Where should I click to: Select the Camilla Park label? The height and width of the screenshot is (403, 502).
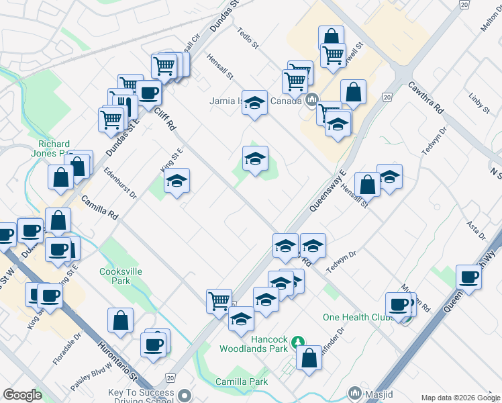pyautogui.click(x=242, y=382)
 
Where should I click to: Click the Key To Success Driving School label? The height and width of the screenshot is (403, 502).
pyautogui.click(x=141, y=396)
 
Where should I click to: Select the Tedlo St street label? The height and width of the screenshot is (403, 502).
pyautogui.click(x=248, y=38)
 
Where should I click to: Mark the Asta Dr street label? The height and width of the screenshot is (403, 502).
pyautogui.click(x=476, y=229)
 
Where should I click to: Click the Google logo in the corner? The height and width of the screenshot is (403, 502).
pyautogui.click(x=22, y=395)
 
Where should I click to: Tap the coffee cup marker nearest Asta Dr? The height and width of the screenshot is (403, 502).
pyautogui.click(x=468, y=276)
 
